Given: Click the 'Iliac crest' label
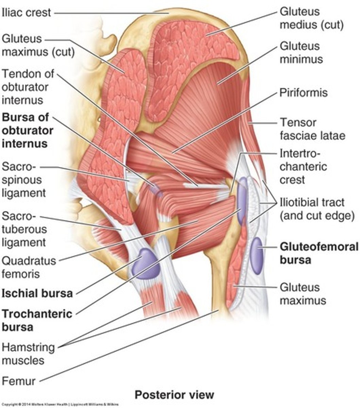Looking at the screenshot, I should point(26,13).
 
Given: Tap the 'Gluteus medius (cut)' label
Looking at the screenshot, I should point(311,18).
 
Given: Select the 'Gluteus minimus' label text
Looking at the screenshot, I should point(301,53).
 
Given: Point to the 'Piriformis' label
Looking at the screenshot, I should point(303,93).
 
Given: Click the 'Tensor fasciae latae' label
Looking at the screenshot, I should point(312,129).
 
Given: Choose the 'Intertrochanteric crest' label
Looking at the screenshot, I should point(303,167).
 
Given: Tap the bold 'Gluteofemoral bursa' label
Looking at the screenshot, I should point(319,253).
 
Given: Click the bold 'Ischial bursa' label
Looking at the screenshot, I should point(37,293).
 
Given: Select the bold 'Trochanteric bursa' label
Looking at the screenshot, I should point(37,320).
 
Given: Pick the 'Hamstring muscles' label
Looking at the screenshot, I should point(28,354).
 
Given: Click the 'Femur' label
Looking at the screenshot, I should point(19,381).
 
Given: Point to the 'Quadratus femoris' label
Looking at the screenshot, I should point(29,267).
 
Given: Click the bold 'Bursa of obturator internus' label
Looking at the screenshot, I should point(28,131).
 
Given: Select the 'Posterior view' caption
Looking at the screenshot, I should point(175,395).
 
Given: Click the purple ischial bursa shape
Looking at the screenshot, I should point(145,264).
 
